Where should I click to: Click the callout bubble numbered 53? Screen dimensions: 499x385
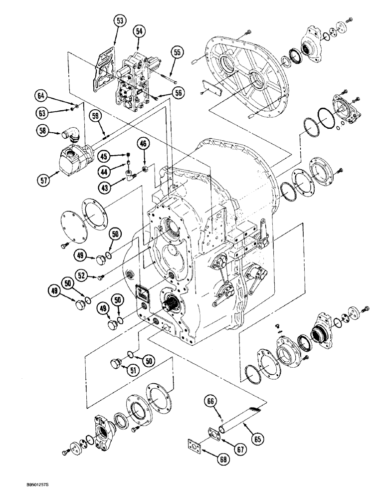pyautogui.click(x=119, y=20)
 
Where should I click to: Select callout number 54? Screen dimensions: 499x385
pyautogui.click(x=140, y=31)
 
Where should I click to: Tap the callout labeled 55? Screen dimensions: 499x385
pyautogui.click(x=177, y=51)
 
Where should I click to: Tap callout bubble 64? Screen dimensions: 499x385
pyautogui.click(x=42, y=95)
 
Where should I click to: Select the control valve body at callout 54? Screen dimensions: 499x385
pyautogui.click(x=135, y=80)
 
